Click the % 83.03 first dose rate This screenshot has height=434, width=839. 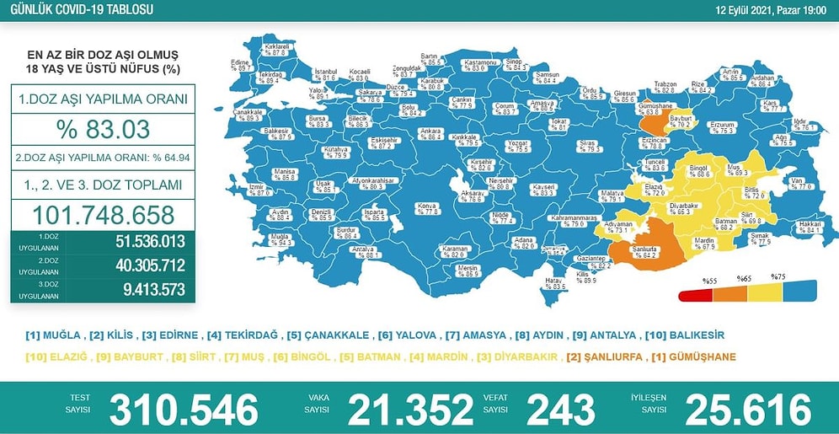tap(102, 130)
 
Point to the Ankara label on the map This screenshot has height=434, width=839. tap(431, 132)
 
